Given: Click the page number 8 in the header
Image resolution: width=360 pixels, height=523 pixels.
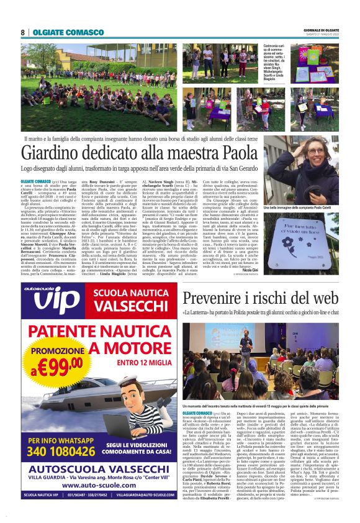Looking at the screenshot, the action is (x=23, y=32).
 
